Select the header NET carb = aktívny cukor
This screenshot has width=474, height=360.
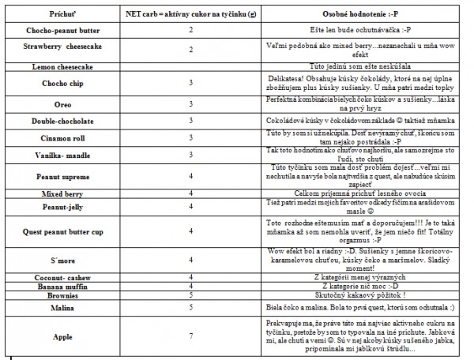point(191,14)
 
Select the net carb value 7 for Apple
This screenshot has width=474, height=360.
point(191,336)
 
